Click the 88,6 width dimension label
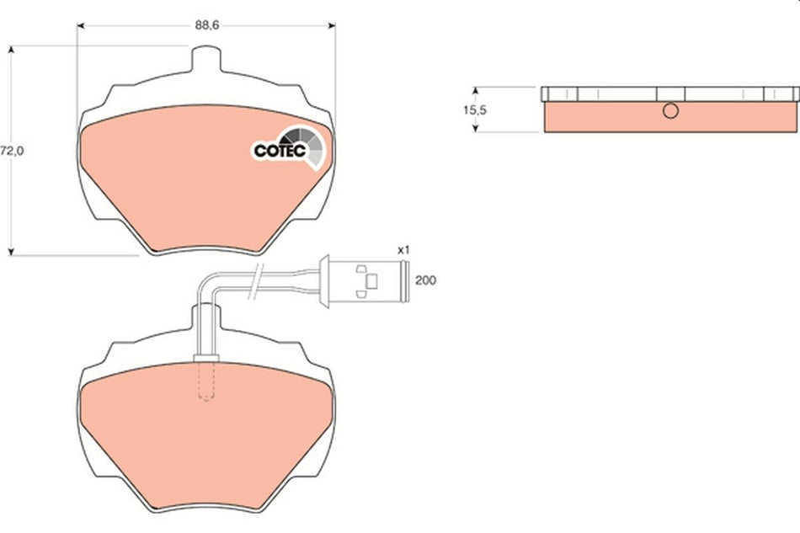point(207,26)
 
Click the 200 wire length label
point(426,280)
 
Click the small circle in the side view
point(670,110)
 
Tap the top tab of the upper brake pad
point(206,61)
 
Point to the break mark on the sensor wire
point(258,282)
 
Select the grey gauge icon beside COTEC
point(304,146)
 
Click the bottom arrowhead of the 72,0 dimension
point(11,250)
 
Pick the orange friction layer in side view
point(669,118)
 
